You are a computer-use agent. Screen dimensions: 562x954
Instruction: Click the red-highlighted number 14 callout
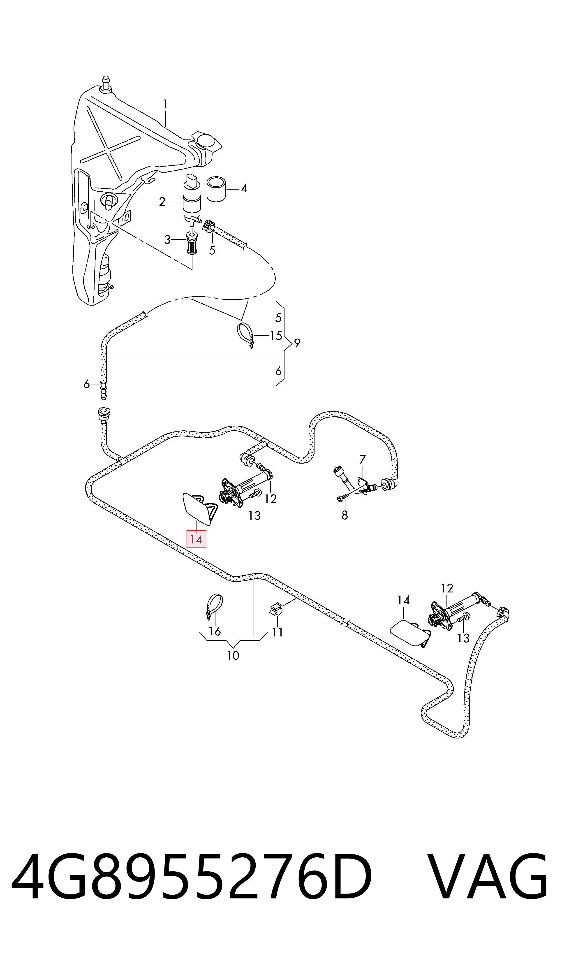click(196, 539)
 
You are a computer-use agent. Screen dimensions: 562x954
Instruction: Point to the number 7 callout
click(363, 459)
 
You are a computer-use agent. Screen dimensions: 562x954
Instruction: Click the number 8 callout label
click(345, 515)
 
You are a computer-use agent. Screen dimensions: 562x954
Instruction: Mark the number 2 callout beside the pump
click(162, 202)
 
